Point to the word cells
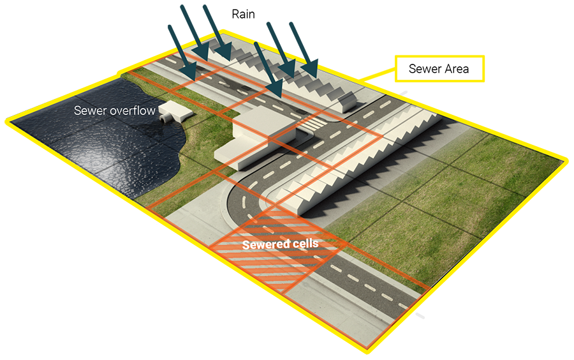[304, 244]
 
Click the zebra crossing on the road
[313, 124]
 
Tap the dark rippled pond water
[96, 153]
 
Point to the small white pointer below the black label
[408, 91]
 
